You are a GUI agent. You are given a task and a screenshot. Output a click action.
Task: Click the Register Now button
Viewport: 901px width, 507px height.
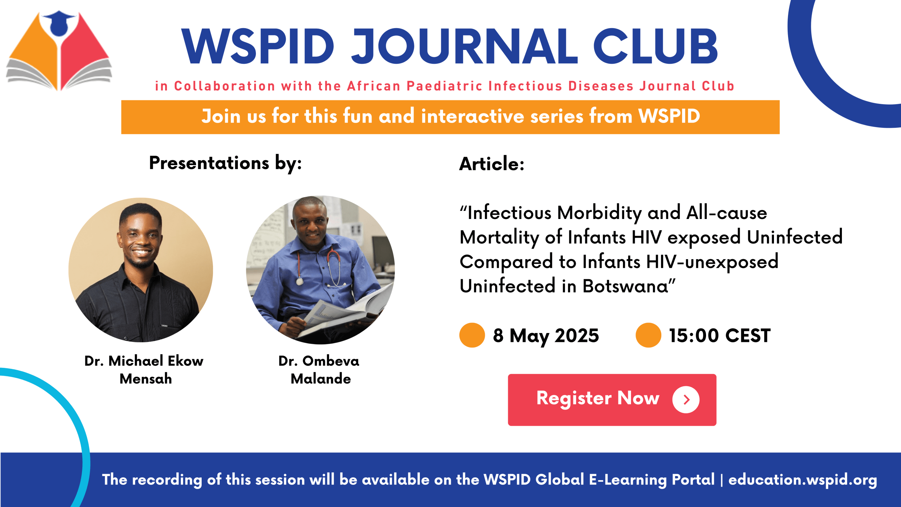click(612, 400)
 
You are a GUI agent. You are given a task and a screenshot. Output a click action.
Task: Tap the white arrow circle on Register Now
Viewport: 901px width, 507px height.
click(686, 400)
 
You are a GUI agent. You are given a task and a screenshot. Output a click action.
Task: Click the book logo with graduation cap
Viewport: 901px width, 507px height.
click(59, 51)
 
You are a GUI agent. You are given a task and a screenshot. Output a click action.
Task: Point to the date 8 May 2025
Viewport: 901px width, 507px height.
click(546, 336)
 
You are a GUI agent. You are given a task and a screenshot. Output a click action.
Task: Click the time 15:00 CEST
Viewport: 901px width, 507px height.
click(720, 336)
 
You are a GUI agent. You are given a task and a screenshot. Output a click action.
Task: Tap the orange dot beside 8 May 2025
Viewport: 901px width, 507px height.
click(472, 335)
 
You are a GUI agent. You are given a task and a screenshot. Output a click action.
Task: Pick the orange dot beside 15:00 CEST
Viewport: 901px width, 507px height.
click(648, 335)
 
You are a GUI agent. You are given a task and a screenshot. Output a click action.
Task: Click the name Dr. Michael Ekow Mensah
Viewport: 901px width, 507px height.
click(144, 370)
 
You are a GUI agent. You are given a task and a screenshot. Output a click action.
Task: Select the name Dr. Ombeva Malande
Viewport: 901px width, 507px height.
click(319, 370)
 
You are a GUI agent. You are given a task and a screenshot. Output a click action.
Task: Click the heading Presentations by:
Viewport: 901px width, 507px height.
click(225, 163)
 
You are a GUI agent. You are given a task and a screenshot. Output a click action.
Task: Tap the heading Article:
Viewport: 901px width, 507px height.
click(492, 164)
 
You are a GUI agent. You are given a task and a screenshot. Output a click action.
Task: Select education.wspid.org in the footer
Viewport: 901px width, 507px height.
click(803, 480)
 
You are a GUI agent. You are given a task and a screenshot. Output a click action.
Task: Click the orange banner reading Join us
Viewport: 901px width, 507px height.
click(450, 117)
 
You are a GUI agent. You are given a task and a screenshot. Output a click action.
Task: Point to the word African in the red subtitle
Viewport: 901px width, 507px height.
click(374, 86)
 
